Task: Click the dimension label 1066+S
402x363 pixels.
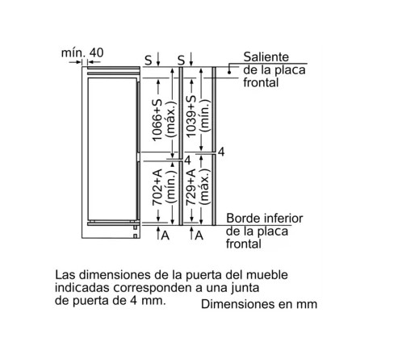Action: coord(157,120)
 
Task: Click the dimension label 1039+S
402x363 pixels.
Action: coord(191,116)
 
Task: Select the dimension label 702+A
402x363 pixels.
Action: coord(157,187)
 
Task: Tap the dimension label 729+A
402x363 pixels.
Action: coord(191,187)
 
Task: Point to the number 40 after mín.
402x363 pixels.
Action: coord(96,52)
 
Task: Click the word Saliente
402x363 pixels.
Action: coord(266,57)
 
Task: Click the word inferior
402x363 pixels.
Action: coord(283,219)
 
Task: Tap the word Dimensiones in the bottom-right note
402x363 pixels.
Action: coord(237,304)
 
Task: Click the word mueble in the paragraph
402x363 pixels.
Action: coord(267,275)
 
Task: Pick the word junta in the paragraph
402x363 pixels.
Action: coord(245,288)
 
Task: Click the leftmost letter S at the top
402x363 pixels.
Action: coord(149,60)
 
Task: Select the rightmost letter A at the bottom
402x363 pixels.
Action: coord(199,236)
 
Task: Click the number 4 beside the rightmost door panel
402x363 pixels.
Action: coord(221,152)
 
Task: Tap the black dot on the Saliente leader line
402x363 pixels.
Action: coord(229,72)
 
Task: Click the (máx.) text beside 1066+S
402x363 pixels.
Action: coord(171,120)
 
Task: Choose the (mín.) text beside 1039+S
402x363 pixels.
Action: coord(205,116)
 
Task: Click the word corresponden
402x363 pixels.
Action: coord(153,288)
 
